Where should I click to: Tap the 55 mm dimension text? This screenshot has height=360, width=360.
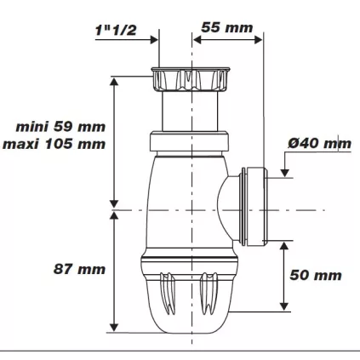pyautogui.click(x=226, y=27)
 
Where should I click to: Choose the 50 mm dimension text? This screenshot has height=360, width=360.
pyautogui.click(x=315, y=275)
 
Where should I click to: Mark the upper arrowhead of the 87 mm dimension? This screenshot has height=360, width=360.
pyautogui.click(x=113, y=218)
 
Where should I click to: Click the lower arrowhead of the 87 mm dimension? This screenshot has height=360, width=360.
pyautogui.click(x=113, y=327)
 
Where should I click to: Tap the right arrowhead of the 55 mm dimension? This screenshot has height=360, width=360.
pyautogui.click(x=260, y=38)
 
